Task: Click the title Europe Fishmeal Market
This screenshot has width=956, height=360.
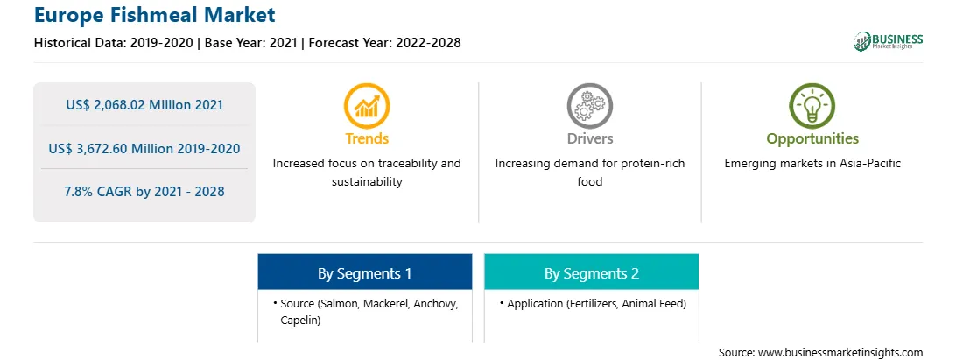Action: click(155, 14)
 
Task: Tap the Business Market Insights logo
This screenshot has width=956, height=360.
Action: click(889, 41)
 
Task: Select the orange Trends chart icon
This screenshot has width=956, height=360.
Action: click(367, 106)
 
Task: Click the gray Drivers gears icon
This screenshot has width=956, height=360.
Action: click(589, 106)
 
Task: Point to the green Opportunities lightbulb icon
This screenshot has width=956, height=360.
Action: click(812, 106)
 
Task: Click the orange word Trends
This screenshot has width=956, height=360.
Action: click(367, 138)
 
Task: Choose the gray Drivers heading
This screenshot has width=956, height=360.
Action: click(589, 138)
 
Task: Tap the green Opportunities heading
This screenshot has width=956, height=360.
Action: click(812, 139)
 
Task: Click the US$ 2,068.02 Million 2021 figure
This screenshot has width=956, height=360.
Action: click(144, 105)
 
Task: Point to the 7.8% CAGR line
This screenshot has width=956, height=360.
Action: click(144, 192)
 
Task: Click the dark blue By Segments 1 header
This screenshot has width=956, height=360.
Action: click(364, 272)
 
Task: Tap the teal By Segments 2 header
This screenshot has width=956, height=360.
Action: click(592, 272)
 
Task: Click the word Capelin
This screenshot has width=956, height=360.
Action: click(300, 321)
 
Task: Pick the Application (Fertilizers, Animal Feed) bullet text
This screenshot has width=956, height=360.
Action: click(596, 304)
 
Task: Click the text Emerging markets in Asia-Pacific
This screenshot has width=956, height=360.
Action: click(812, 164)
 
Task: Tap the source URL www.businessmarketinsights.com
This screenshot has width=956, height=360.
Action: click(840, 353)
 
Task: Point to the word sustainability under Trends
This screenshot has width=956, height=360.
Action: click(367, 182)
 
